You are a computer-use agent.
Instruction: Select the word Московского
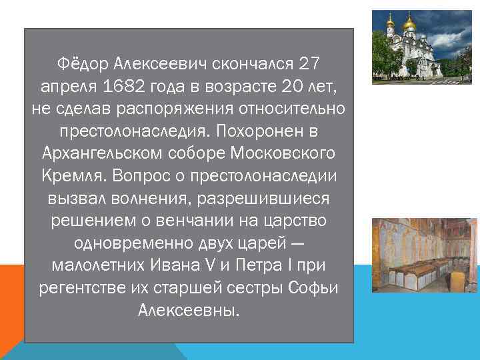point(285,153)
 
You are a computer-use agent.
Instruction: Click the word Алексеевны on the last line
point(188,310)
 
